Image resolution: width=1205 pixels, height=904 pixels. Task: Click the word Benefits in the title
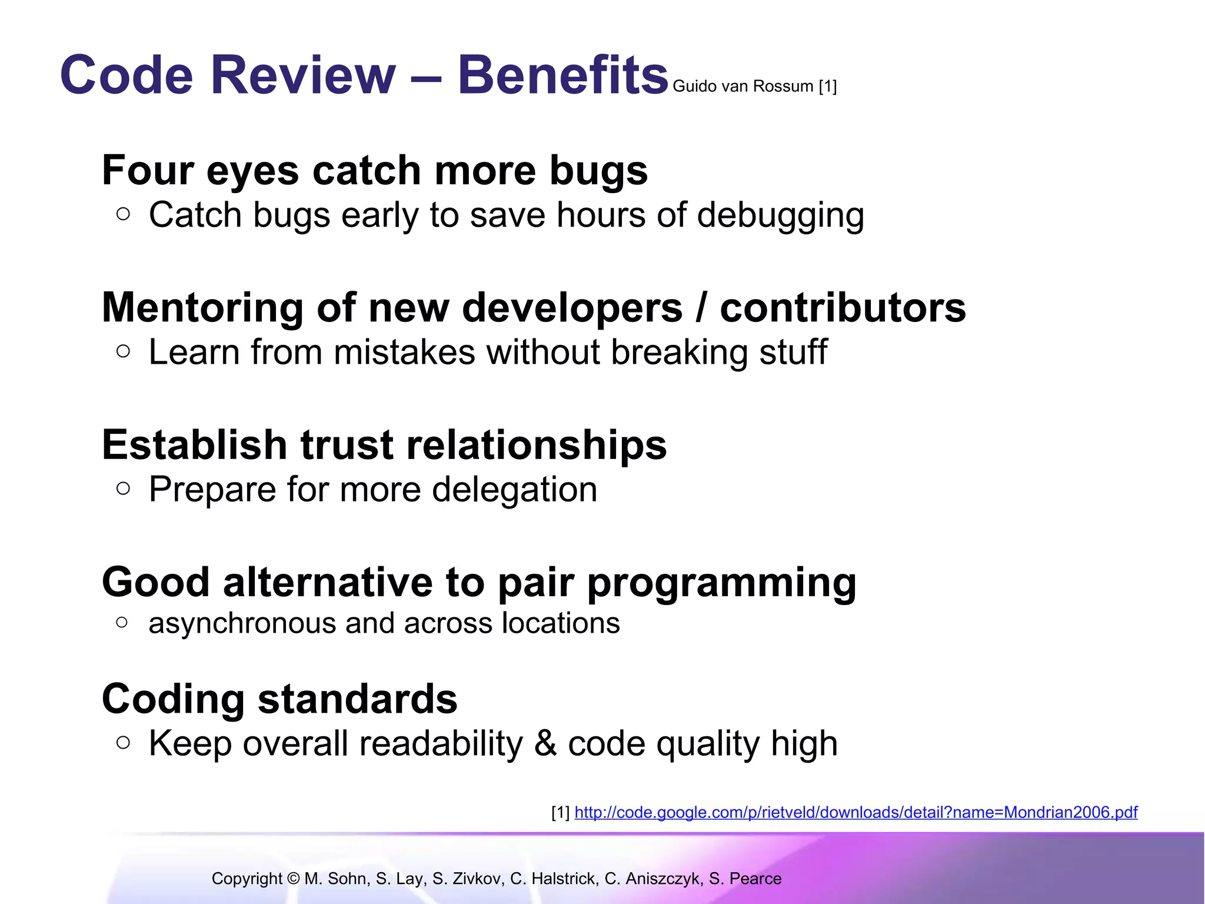pos(562,75)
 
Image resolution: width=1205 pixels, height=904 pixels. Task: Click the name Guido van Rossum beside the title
pos(743,87)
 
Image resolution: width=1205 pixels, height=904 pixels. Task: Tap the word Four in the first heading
pos(147,171)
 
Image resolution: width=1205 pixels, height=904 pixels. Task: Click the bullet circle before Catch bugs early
pos(123,214)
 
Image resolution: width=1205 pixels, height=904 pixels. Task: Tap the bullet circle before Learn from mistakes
pos(123,351)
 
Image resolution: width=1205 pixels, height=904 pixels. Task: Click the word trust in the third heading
pos(347,445)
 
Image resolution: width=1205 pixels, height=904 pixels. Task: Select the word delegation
pos(514,490)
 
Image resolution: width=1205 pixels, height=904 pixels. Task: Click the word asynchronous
pos(242,623)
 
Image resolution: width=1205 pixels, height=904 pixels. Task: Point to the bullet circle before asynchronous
pos(122,622)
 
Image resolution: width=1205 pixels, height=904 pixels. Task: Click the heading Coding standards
pos(279,699)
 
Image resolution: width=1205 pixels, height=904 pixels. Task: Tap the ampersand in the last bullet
pos(545,743)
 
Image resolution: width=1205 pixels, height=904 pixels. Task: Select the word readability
pos(441,744)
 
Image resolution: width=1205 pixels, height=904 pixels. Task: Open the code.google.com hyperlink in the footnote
pos(856,813)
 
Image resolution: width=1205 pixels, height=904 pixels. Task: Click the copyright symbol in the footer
pos(294,879)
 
